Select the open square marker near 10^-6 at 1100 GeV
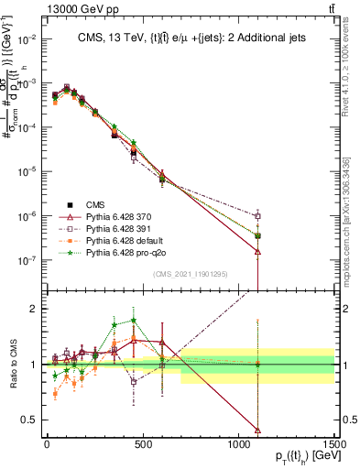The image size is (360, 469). pyautogui.click(x=258, y=216)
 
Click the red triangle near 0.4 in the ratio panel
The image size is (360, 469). pyautogui.click(x=258, y=430)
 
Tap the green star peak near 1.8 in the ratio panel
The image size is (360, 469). pyautogui.click(x=134, y=321)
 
